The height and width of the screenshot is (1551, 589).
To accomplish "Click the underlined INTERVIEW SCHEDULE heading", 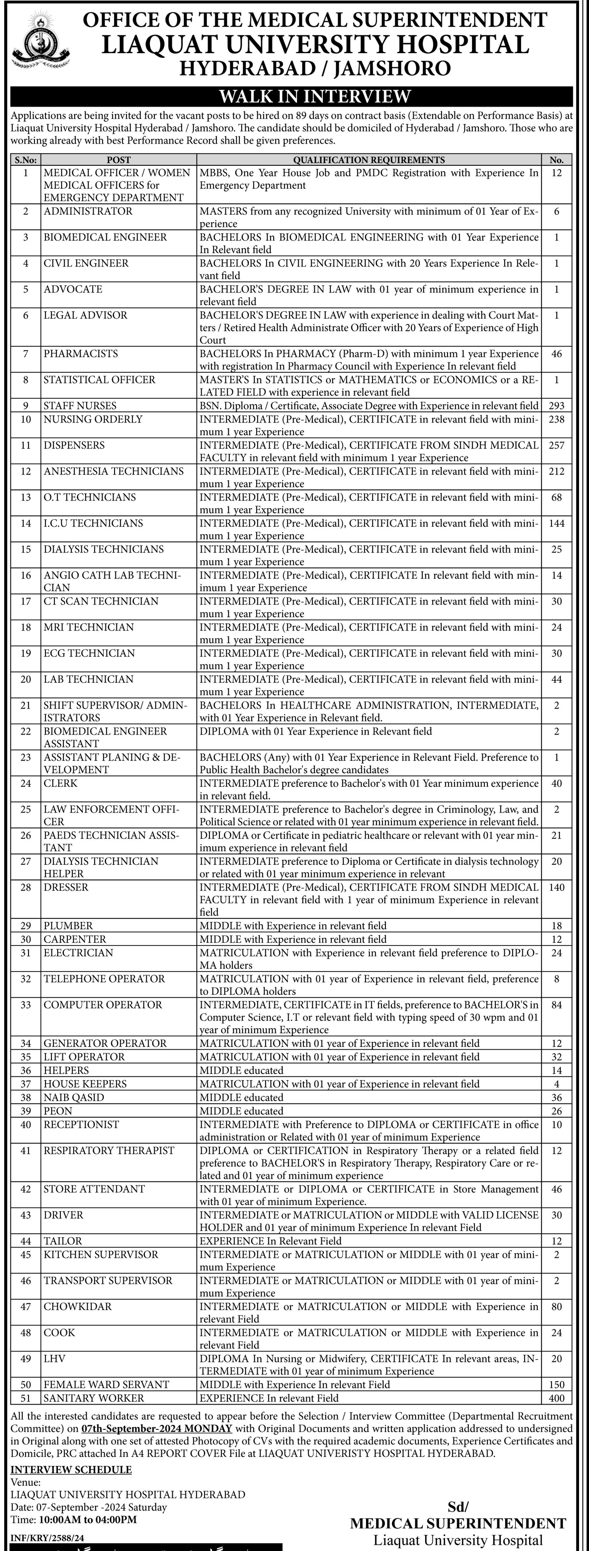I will [71, 1470].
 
